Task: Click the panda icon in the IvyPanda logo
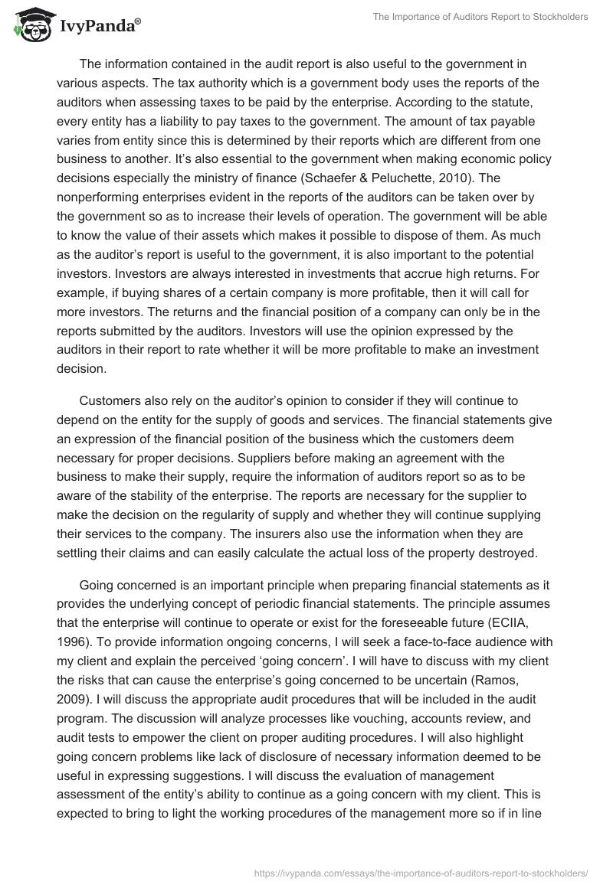(28, 24)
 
